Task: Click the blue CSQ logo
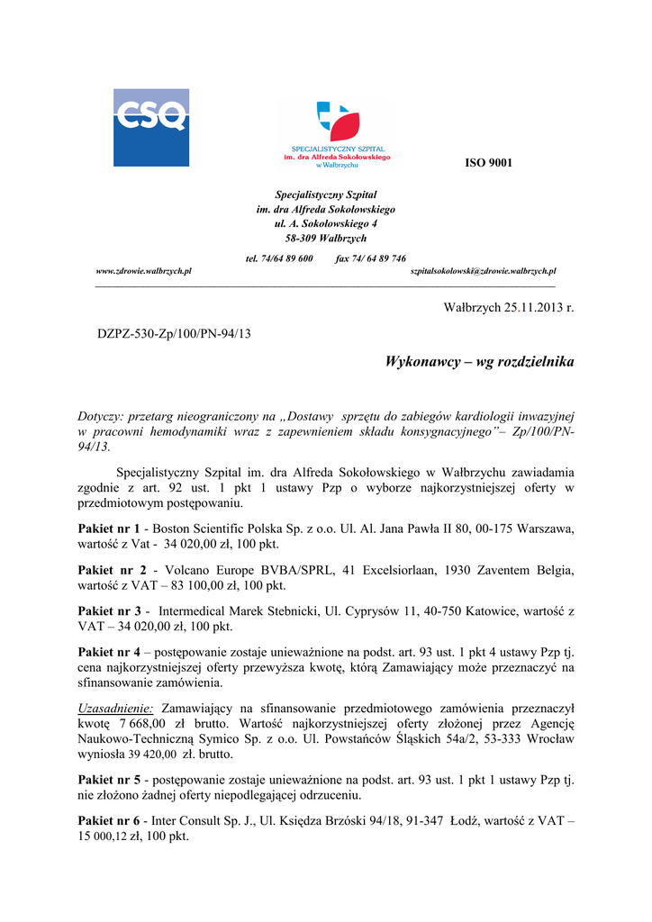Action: pos(150,127)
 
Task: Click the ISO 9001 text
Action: pos(488,163)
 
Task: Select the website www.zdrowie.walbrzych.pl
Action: pos(143,270)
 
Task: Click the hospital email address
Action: pos(483,270)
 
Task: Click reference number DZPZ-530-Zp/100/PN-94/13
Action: pos(174,334)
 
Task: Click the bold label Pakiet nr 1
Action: pos(109,529)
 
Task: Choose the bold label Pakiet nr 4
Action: pos(109,652)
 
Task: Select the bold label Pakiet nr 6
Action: pos(109,820)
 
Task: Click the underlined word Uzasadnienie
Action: pos(116,708)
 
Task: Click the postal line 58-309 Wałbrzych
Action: pos(325,238)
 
